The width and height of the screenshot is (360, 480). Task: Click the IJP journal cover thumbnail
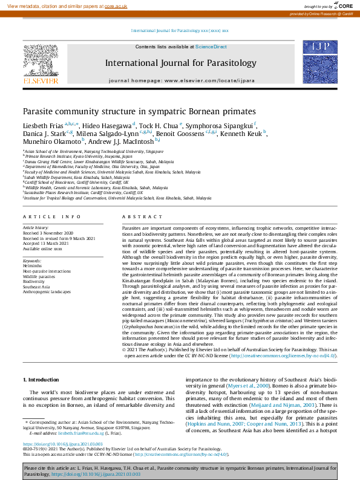[320, 63]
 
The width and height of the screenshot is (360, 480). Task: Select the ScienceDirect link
[211, 47]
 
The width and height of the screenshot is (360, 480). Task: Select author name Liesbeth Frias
[42, 125]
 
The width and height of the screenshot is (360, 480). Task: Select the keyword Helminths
[32, 266]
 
